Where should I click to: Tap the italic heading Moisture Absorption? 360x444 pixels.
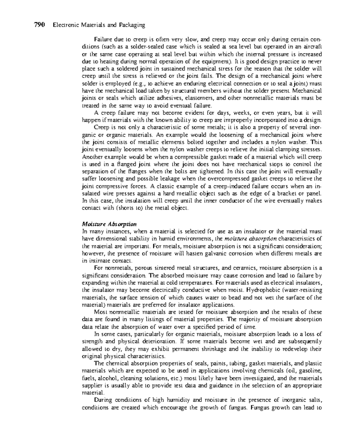tap(109, 224)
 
